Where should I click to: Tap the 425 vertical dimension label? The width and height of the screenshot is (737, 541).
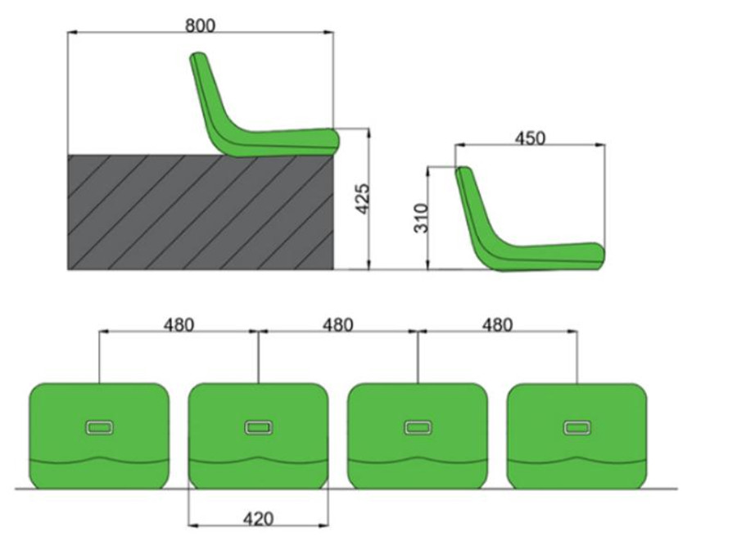pyautogui.click(x=363, y=199)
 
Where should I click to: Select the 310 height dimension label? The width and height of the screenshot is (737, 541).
pyautogui.click(x=421, y=218)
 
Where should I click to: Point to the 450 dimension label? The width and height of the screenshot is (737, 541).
pyautogui.click(x=530, y=138)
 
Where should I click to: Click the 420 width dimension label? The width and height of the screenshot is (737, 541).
pyautogui.click(x=258, y=519)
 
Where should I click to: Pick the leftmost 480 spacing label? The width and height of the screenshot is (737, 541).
pyautogui.click(x=179, y=324)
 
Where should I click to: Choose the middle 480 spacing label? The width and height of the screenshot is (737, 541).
pyautogui.click(x=338, y=324)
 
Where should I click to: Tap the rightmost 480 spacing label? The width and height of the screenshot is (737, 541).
pyautogui.click(x=498, y=324)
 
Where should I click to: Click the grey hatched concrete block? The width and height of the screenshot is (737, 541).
pyautogui.click(x=201, y=212)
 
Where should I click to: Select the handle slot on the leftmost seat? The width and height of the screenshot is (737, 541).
pyautogui.click(x=99, y=427)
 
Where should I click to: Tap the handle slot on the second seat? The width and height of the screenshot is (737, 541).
pyautogui.click(x=258, y=427)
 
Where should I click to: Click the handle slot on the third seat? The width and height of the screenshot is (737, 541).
pyautogui.click(x=418, y=427)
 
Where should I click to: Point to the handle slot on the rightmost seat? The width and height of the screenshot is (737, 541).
pyautogui.click(x=577, y=427)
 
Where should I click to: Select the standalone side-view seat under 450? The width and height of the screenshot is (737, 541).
pyautogui.click(x=530, y=219)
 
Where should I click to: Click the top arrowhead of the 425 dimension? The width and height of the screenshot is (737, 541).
pyautogui.click(x=369, y=133)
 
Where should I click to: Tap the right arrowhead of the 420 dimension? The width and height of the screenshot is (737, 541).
pyautogui.click(x=323, y=524)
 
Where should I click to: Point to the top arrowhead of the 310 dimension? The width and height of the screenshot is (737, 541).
pyautogui.click(x=428, y=171)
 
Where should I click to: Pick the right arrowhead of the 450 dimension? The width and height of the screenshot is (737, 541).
pyautogui.click(x=601, y=146)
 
